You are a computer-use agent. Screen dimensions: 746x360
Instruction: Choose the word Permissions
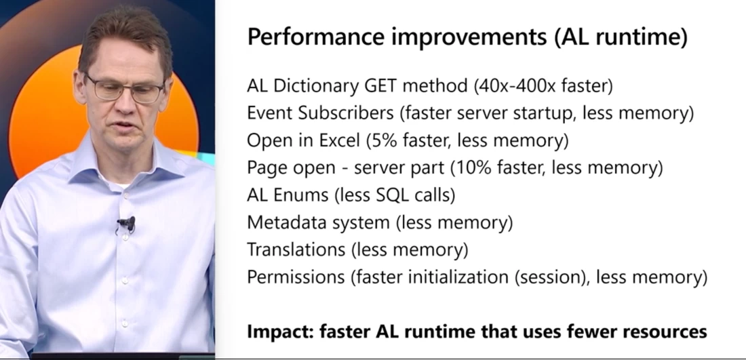pyautogui.click(x=296, y=277)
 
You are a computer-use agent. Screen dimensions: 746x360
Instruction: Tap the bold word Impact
pyautogui.click(x=280, y=331)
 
